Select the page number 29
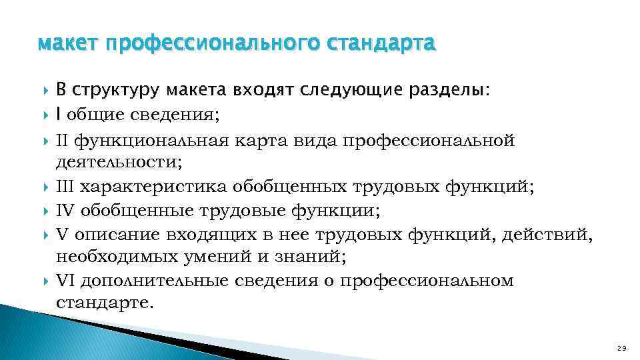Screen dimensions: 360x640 click(622, 347)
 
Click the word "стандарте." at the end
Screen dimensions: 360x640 click(105, 303)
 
